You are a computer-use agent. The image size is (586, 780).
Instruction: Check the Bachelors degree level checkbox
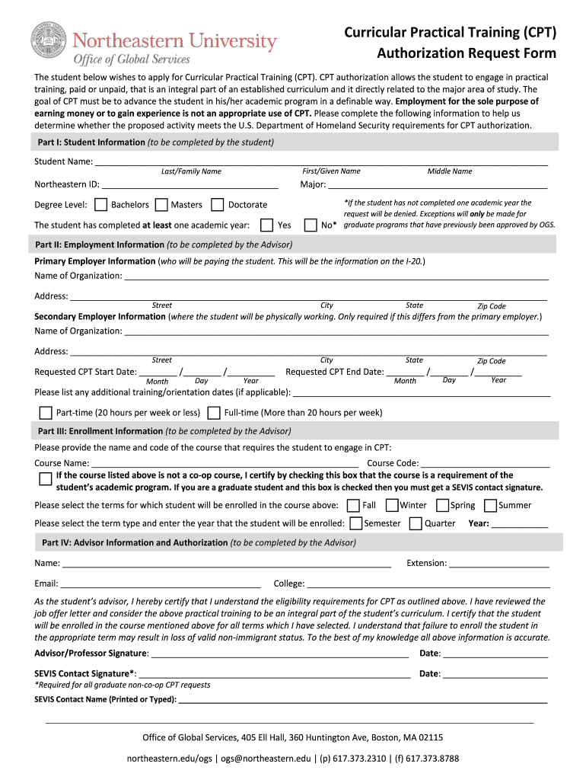tap(100, 204)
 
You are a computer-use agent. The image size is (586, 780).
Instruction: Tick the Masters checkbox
tap(161, 204)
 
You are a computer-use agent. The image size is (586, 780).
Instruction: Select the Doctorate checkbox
tap(217, 204)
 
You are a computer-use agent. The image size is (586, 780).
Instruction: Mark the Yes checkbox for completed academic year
tap(266, 225)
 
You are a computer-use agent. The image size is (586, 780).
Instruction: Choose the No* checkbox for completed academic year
tap(311, 225)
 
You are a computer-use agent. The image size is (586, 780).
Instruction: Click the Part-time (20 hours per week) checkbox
tap(45, 413)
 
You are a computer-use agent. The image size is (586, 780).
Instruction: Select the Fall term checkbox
tap(353, 505)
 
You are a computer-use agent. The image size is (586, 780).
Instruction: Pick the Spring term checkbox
tap(442, 505)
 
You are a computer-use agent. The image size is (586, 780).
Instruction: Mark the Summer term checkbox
tap(491, 505)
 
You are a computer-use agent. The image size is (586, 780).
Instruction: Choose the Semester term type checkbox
tap(355, 523)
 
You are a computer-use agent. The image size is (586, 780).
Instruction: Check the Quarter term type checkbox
tap(416, 523)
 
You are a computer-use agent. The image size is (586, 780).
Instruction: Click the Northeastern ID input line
tap(190, 184)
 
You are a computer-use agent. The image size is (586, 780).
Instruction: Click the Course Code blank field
tap(485, 462)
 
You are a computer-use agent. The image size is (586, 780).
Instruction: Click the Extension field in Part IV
tap(499, 564)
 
